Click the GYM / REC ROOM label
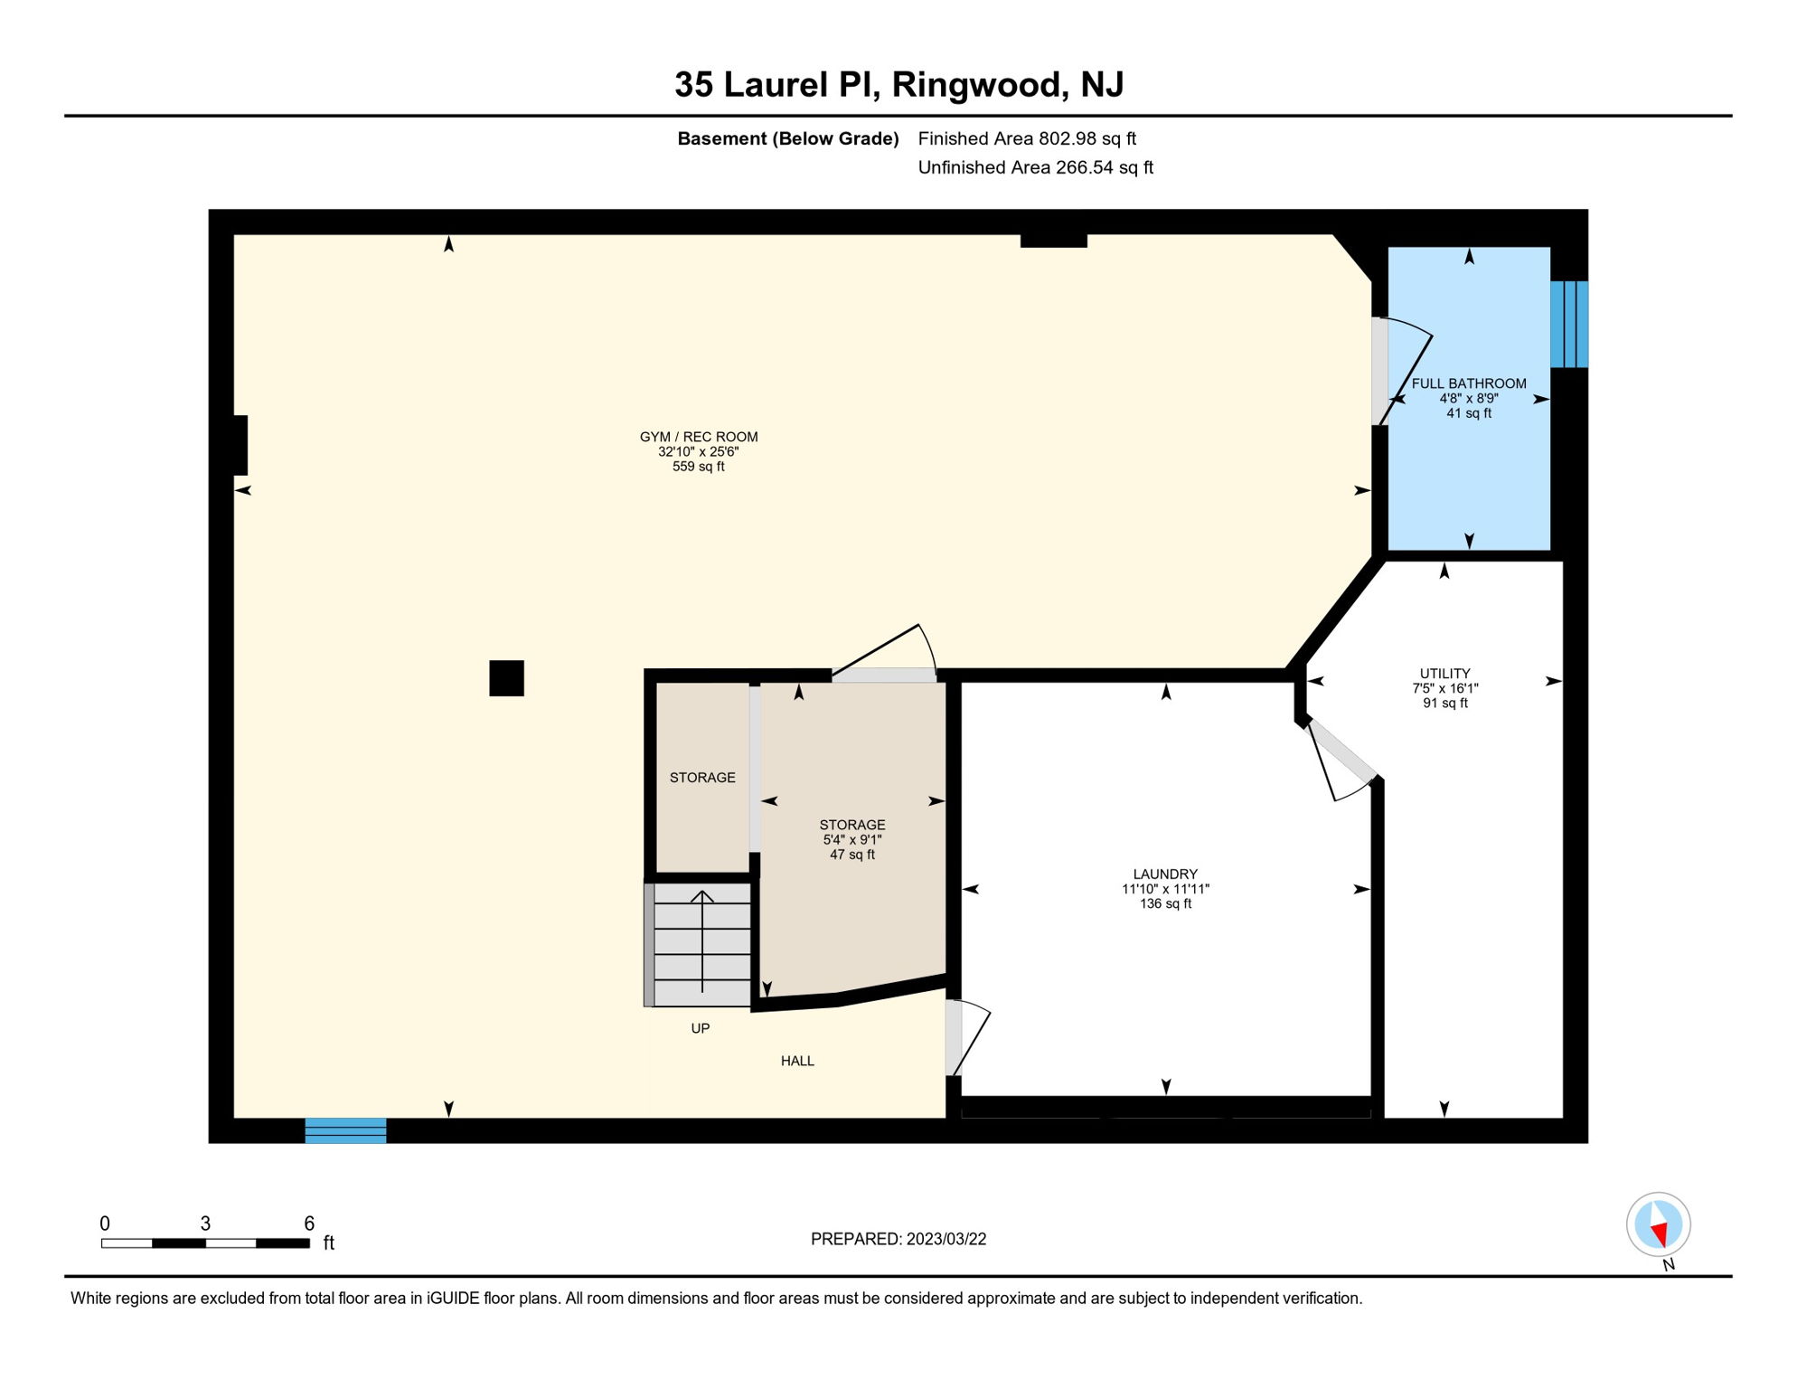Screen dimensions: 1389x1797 (x=698, y=437)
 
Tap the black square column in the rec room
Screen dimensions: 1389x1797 (x=506, y=678)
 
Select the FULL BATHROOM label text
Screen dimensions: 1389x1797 (x=1469, y=383)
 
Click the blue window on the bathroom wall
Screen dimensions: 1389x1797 (x=1569, y=324)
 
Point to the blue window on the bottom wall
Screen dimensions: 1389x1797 (x=345, y=1130)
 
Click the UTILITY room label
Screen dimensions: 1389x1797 (x=1444, y=674)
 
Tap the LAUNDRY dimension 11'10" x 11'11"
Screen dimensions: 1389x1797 (x=1165, y=889)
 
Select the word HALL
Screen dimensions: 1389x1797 (x=797, y=1061)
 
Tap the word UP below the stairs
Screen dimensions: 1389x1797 (x=701, y=1028)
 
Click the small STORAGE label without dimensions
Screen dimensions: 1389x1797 (x=702, y=778)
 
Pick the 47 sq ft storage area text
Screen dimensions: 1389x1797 (x=852, y=855)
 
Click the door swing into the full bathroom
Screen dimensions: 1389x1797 (x=1406, y=371)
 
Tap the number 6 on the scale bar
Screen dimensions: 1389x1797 (x=309, y=1224)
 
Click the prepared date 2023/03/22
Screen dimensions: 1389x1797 (x=946, y=1239)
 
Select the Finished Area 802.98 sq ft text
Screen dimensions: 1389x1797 (x=1027, y=138)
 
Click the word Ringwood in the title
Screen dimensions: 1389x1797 (x=975, y=85)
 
